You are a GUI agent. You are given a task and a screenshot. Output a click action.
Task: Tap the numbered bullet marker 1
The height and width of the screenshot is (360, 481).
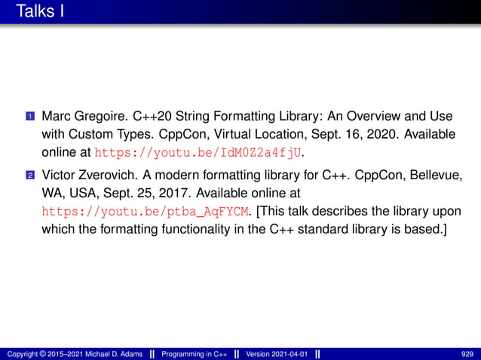(30, 118)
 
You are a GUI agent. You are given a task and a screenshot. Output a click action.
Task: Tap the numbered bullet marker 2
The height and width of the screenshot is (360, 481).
(30, 175)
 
